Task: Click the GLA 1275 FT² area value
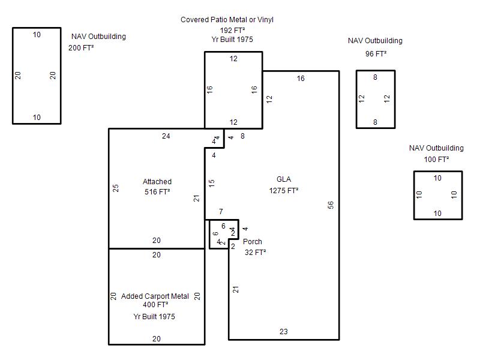click(x=284, y=191)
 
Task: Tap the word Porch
click(x=253, y=242)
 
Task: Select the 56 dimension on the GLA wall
click(x=331, y=205)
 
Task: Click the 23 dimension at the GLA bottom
click(x=283, y=332)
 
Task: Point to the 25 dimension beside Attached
click(x=116, y=188)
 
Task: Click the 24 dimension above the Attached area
click(x=166, y=136)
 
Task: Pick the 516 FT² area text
click(x=157, y=192)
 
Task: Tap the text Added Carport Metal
click(x=155, y=296)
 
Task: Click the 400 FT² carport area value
click(x=155, y=305)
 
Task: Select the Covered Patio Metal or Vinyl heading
click(x=227, y=20)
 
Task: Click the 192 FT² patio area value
click(x=232, y=31)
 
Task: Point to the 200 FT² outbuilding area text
click(x=81, y=48)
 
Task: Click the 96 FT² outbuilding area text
click(x=376, y=54)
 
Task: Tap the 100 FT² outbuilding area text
click(x=436, y=160)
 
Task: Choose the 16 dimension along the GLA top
click(x=301, y=79)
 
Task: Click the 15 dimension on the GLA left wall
click(x=212, y=184)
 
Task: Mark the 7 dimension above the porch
click(x=221, y=212)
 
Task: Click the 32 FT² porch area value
click(x=255, y=253)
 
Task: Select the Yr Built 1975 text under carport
click(x=154, y=317)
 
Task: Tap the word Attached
click(x=157, y=182)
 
